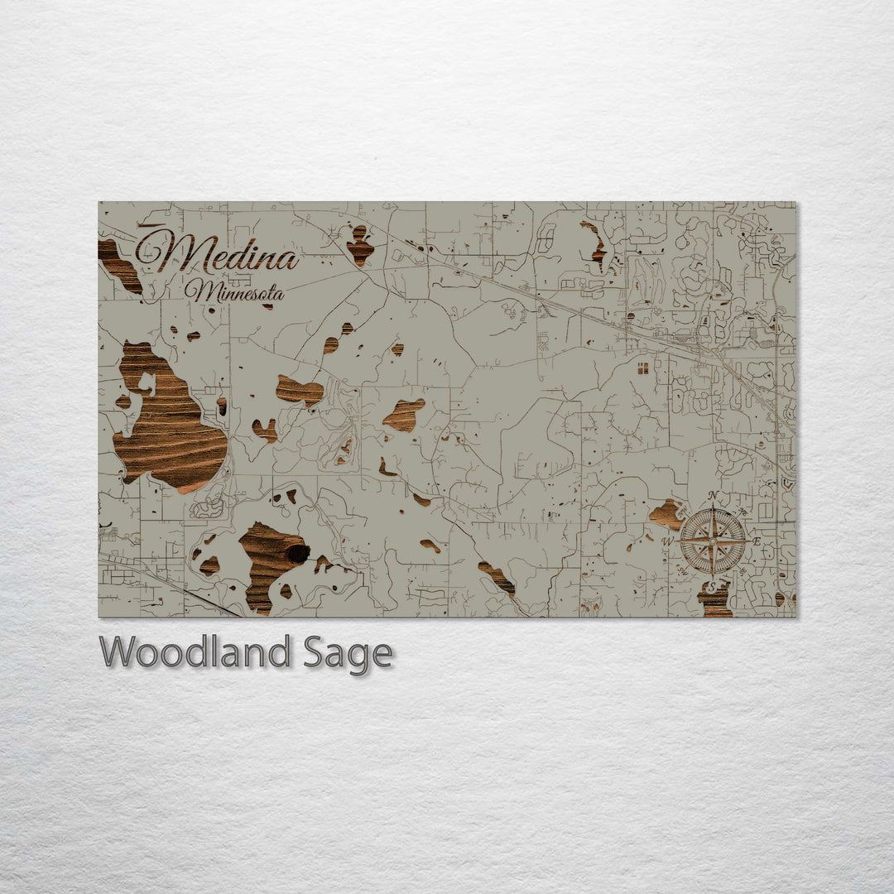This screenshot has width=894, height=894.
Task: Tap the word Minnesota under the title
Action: (x=234, y=291)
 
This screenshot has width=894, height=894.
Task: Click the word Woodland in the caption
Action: (x=194, y=653)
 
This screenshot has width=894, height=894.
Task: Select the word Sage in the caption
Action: (x=348, y=655)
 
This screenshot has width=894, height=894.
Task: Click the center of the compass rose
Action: (x=713, y=541)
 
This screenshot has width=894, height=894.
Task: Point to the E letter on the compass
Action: (x=756, y=541)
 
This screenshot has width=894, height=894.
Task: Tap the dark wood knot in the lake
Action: (x=296, y=553)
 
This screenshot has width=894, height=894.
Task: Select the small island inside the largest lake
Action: (x=148, y=383)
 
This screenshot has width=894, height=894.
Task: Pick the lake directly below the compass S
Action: (x=714, y=600)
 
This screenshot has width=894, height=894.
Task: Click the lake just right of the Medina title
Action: (x=359, y=245)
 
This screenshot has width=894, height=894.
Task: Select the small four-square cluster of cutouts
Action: (x=642, y=367)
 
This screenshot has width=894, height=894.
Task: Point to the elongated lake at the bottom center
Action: (x=497, y=578)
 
